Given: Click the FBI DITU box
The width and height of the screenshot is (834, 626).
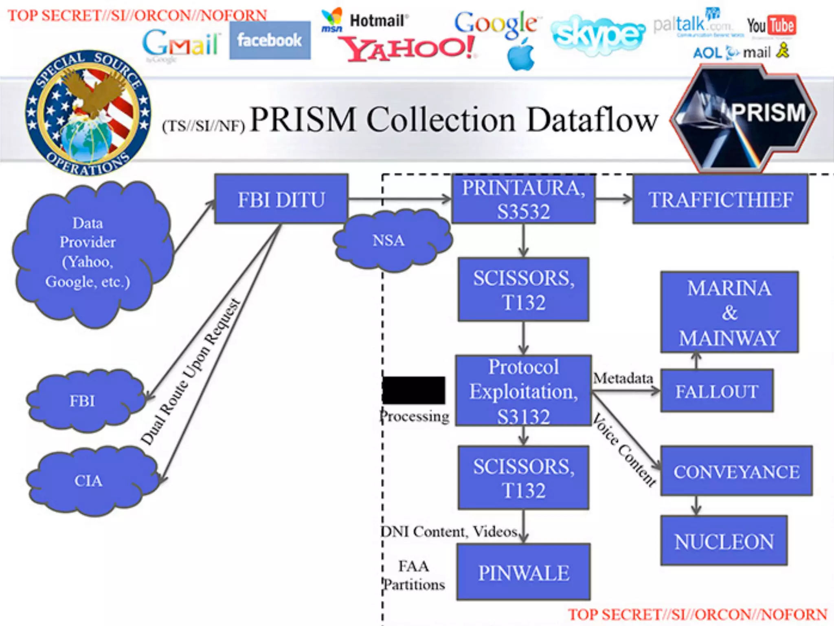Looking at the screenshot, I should click(281, 199).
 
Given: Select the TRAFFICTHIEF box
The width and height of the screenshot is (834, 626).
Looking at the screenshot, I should click(720, 199).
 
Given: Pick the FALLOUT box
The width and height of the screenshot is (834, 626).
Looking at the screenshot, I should click(717, 391).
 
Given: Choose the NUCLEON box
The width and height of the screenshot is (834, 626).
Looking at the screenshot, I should click(724, 541).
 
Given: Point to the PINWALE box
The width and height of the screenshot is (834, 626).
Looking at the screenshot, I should click(524, 572).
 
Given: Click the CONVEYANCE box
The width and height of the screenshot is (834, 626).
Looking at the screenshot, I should click(736, 471).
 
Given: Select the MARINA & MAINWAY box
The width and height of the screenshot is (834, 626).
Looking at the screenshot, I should click(729, 312).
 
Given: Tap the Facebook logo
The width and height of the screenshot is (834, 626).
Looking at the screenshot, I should click(270, 40).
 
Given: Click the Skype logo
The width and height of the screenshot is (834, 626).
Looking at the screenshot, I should click(598, 34).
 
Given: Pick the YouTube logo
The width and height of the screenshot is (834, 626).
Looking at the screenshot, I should click(771, 26).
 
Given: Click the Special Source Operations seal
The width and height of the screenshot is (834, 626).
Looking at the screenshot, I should click(88, 113).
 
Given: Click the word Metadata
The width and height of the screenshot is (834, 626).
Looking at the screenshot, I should click(623, 378).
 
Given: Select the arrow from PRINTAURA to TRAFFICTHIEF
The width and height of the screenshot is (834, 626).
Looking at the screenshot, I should click(614, 199).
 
